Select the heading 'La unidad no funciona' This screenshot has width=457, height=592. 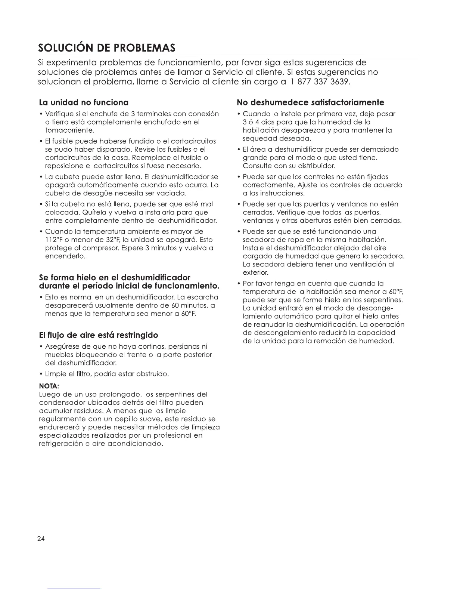pyautogui.click(x=84, y=102)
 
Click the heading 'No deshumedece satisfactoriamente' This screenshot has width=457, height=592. pyautogui.click(x=311, y=102)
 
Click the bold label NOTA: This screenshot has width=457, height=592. pyautogui.click(x=49, y=386)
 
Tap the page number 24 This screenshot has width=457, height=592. pyautogui.click(x=41, y=539)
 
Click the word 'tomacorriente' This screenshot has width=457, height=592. pyautogui.click(x=69, y=130)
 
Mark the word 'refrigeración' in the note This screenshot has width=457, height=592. pyautogui.click(x=61, y=444)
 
